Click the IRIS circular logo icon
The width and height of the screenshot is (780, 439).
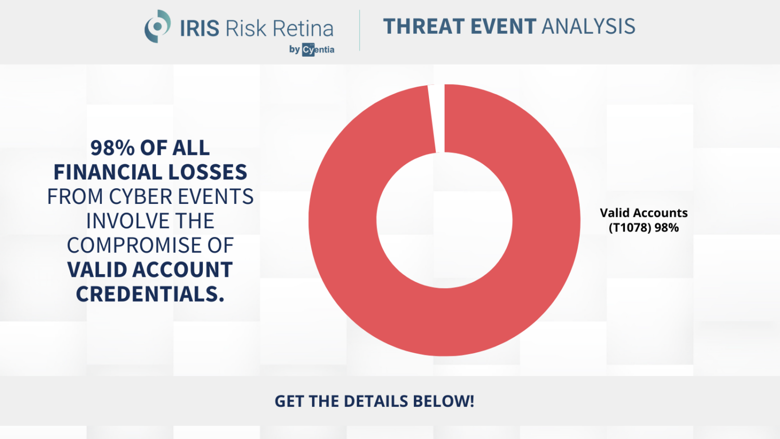[158, 27]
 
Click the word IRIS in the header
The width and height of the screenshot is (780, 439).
[200, 29]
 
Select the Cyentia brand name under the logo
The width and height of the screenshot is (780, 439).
[318, 50]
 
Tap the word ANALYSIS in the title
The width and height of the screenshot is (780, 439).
[588, 27]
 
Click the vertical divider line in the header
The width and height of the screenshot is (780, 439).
[359, 30]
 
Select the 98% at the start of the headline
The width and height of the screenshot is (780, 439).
[112, 148]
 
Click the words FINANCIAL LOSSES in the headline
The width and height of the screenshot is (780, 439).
[150, 172]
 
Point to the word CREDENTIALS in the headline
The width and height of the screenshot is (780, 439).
[150, 294]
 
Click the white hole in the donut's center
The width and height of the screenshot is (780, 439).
[445, 220]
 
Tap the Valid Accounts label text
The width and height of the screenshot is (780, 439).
[643, 213]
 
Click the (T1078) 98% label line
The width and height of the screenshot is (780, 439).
[643, 228]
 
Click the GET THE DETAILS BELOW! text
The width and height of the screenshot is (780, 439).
[374, 401]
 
